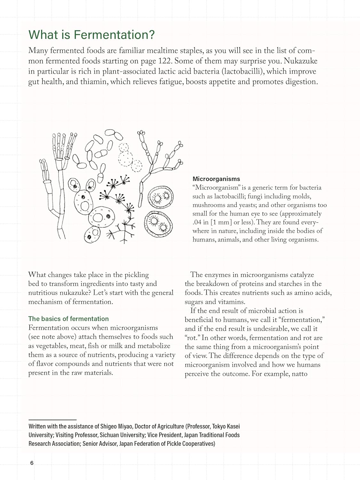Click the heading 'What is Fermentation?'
coord(92,35)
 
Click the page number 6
coord(32,463)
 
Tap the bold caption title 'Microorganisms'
coord(216,179)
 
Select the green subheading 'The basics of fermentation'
coord(68,319)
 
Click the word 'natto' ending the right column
coord(300,374)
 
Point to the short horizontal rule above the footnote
coord(52,420)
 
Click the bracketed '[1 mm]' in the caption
coord(221,222)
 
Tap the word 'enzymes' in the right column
coord(221,275)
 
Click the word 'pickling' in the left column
coord(137,275)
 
